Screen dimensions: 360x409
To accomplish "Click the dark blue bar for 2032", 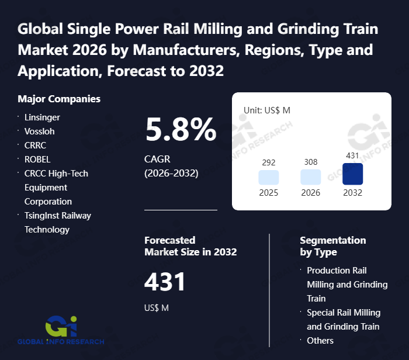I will click(352, 174).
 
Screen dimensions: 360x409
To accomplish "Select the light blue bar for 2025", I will click(269, 178).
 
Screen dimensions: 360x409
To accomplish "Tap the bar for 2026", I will click(310, 178).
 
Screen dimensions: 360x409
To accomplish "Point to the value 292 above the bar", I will click(269, 162).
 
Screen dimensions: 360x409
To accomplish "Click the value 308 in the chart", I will click(310, 162).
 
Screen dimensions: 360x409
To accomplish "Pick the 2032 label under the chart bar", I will click(352, 193).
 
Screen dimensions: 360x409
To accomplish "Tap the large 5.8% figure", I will click(181, 129).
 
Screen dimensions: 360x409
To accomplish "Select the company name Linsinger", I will click(42, 117).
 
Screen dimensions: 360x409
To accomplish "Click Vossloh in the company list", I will click(40, 131).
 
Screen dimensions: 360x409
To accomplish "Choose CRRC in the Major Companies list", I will click(35, 146).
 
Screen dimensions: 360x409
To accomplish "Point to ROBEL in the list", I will click(37, 160).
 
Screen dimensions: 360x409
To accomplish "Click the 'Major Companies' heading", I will click(59, 99).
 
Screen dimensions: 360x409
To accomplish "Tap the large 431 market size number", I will click(165, 282).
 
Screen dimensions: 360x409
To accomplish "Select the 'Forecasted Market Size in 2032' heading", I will click(190, 246).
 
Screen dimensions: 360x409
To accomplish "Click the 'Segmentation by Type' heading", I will click(332, 246).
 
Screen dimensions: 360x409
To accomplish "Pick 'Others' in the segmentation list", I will click(320, 341).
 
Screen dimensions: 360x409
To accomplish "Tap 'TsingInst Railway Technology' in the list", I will click(57, 223).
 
